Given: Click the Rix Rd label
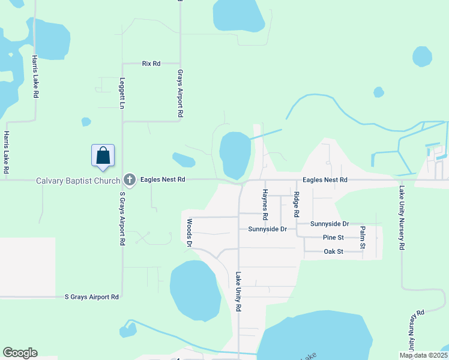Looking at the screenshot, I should [151, 63].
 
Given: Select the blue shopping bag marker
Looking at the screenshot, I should [103, 155].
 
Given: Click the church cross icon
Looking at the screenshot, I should [128, 179].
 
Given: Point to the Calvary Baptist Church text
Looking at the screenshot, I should [77, 180].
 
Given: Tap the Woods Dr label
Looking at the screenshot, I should [189, 232].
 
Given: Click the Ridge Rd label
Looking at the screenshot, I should [296, 205].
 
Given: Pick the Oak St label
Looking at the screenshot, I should [333, 251].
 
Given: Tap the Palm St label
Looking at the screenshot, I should [363, 238].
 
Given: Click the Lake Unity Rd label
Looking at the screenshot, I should [238, 292].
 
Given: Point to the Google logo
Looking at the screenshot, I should [20, 353].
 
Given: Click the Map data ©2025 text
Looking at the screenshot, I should [423, 355].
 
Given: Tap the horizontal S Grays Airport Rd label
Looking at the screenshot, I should [92, 297].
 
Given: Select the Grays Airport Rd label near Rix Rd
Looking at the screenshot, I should [179, 93].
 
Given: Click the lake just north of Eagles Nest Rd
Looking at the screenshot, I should [235, 153].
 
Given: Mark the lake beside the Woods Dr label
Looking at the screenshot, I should [195, 291].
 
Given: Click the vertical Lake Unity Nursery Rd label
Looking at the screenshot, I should [401, 218].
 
